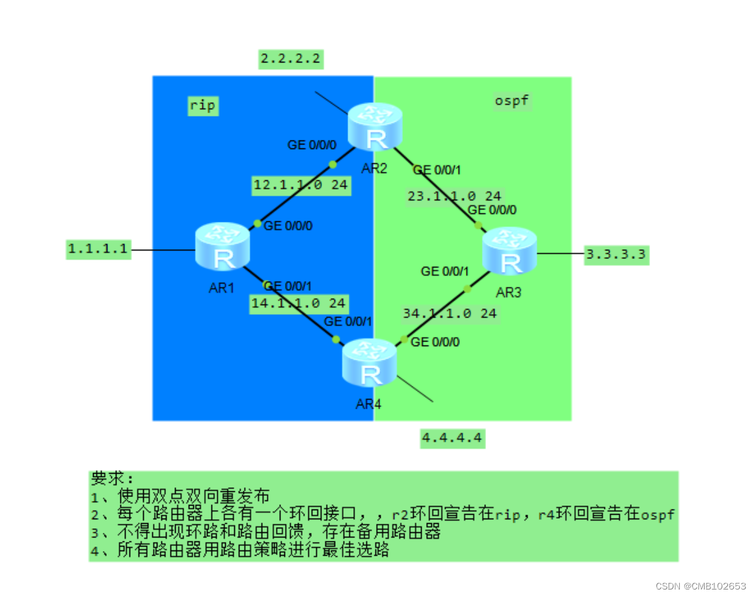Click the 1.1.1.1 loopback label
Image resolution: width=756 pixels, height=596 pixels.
tap(99, 249)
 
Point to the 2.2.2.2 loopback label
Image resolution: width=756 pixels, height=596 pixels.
tap(291, 59)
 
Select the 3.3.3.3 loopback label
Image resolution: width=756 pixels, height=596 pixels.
tap(615, 254)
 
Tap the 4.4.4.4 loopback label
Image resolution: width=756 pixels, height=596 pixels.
tap(452, 439)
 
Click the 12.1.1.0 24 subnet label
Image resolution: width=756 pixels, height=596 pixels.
tap(301, 185)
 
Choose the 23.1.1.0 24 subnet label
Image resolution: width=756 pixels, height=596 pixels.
tap(455, 196)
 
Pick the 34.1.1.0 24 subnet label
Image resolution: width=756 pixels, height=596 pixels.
tap(450, 314)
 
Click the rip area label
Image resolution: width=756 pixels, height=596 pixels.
tap(202, 105)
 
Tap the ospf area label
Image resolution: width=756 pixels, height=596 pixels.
tap(511, 101)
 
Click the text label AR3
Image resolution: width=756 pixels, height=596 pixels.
tap(508, 293)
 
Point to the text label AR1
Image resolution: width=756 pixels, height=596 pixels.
tap(222, 288)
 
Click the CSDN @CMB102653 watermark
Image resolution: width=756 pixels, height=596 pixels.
tap(701, 586)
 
